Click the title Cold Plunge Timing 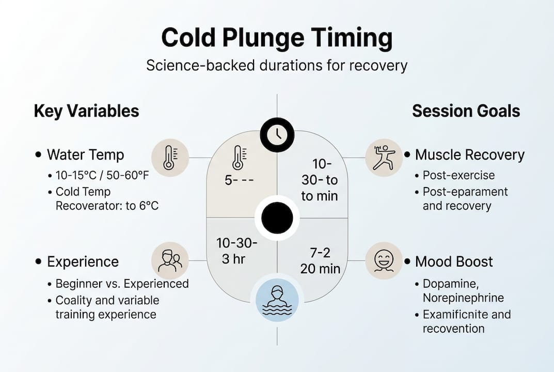[x=277, y=39]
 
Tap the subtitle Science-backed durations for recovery [x=277, y=66]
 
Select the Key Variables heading [x=86, y=111]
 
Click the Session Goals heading [x=466, y=111]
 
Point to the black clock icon [x=277, y=135]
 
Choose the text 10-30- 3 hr [x=236, y=251]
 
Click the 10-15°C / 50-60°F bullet [x=102, y=176]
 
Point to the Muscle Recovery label [x=469, y=154]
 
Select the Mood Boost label [x=454, y=261]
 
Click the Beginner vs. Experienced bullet [x=122, y=284]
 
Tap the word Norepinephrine [x=463, y=298]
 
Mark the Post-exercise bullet [x=458, y=176]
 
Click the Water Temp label [x=85, y=154]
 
